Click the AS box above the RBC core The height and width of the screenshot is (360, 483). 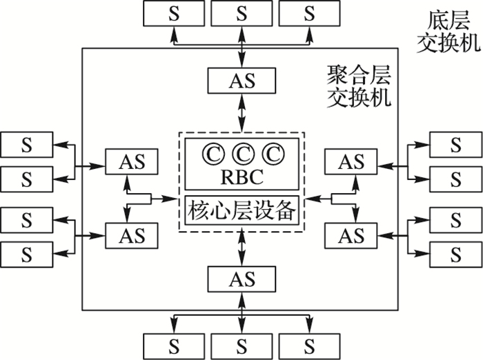click(x=241, y=81)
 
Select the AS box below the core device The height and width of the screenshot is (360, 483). click(x=241, y=279)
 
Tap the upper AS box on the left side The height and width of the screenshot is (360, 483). click(x=131, y=162)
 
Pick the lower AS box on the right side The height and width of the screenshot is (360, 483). click(x=351, y=235)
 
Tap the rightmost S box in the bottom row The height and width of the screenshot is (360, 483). click(x=309, y=343)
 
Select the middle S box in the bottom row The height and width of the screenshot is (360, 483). click(x=241, y=343)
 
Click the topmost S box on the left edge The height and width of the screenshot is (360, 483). click(x=27, y=146)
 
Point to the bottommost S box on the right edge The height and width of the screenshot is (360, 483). click(x=455, y=254)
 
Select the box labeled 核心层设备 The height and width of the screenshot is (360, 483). click(x=241, y=210)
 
